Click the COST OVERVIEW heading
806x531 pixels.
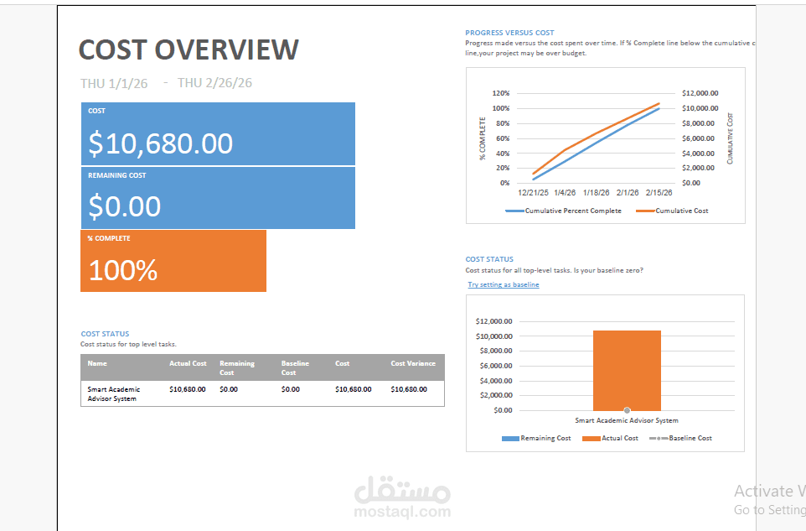(189, 49)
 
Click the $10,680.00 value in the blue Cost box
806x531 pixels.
(161, 143)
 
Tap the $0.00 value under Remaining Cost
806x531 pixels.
(125, 206)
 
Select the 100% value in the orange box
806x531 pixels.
(123, 270)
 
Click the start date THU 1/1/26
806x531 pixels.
(114, 83)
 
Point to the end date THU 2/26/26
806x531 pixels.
(214, 83)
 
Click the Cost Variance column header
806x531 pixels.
(413, 363)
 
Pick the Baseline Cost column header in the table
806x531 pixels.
(295, 367)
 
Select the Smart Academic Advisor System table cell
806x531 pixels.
(114, 393)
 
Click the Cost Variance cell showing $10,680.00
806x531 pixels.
(409, 389)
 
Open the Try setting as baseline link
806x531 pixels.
(504, 285)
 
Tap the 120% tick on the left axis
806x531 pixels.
(500, 93)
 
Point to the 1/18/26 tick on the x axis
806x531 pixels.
(596, 193)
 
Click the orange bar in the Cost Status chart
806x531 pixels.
(627, 369)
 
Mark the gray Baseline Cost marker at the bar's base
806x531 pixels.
(627, 410)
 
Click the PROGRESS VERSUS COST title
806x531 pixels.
(509, 33)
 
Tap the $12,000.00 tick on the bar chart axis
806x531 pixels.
(493, 321)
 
